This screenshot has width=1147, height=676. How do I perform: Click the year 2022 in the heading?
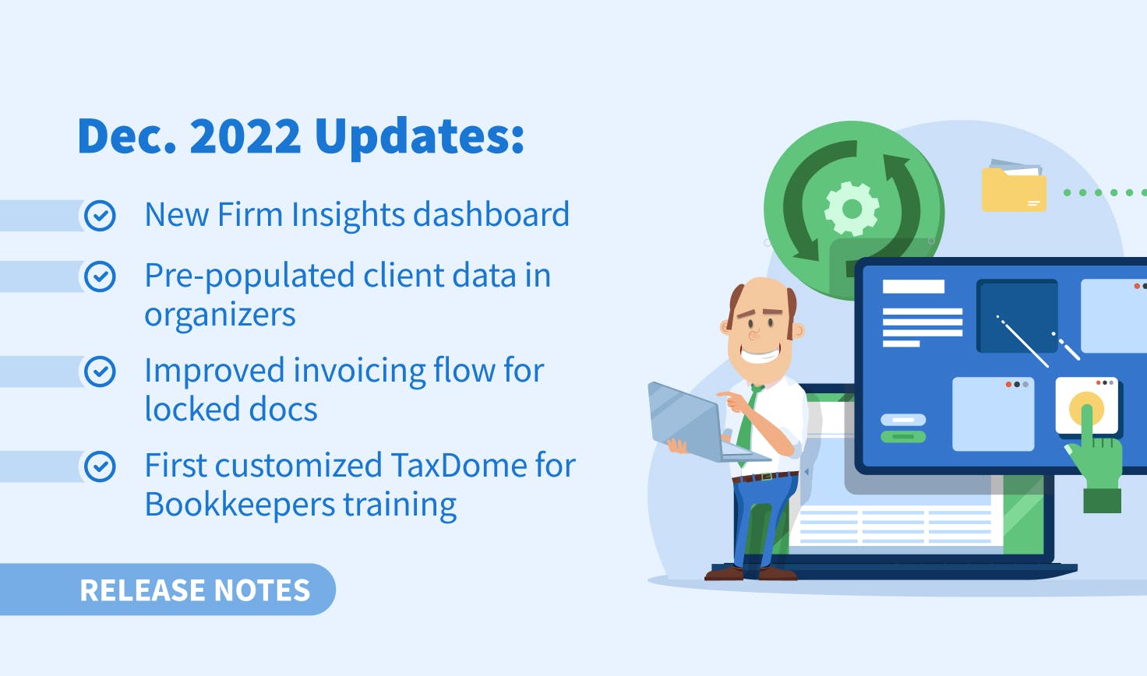point(245,136)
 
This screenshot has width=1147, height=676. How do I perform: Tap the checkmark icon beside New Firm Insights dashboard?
point(100,216)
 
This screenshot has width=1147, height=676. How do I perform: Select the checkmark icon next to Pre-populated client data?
point(100,276)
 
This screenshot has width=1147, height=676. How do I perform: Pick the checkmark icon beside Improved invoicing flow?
point(100,371)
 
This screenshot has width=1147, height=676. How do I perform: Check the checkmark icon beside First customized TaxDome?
point(100,467)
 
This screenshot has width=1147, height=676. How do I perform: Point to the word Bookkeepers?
point(239,504)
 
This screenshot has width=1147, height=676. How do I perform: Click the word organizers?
point(221,315)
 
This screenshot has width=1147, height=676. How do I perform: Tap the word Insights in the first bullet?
point(348,214)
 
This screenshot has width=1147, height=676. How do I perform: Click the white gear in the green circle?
point(852,209)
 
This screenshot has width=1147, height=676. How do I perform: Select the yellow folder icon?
point(1014,186)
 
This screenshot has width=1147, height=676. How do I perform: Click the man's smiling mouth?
point(761,354)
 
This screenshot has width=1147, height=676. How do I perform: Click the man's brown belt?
point(765,477)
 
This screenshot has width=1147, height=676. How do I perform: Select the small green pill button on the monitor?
point(903,436)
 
